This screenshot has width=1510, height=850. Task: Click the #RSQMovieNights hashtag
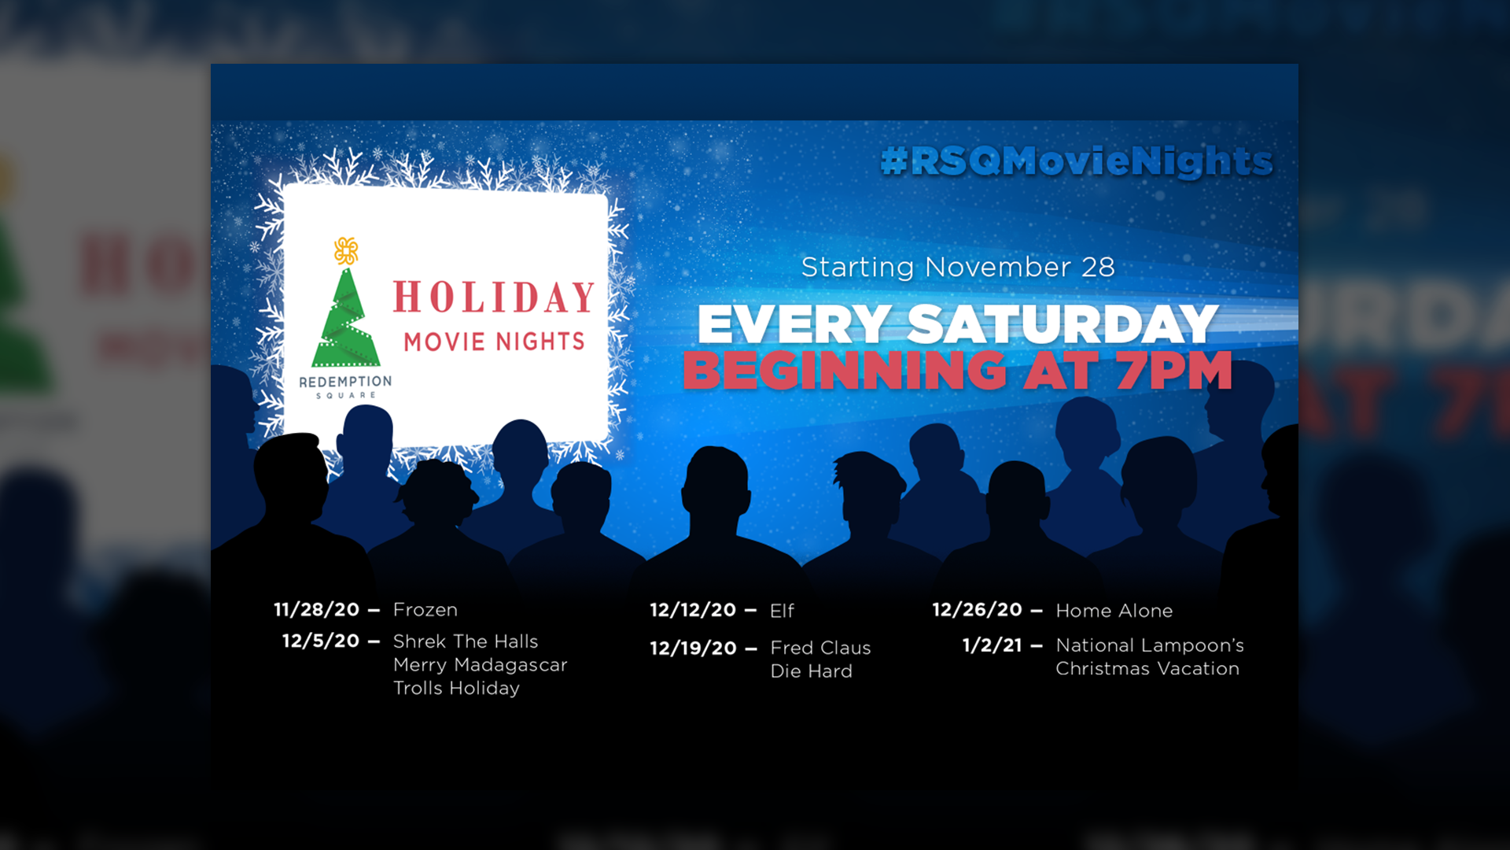coord(1077,161)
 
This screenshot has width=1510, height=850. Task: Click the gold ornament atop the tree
coord(346,250)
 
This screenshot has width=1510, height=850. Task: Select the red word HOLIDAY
coord(494,297)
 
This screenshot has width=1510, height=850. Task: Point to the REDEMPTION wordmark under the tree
coord(345,382)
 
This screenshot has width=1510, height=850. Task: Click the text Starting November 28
coord(958,268)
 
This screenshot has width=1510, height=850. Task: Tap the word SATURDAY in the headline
coord(1063,324)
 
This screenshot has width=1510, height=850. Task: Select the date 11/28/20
coord(316,610)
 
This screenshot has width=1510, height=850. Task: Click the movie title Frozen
coord(425,610)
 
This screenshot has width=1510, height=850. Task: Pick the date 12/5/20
coord(321,641)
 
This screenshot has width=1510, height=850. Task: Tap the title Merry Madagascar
coord(481,665)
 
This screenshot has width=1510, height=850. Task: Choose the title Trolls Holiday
coord(457,688)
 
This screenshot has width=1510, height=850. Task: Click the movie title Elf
coord(783,611)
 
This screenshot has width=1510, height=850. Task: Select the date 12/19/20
coord(693,649)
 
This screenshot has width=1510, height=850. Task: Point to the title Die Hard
coord(812,671)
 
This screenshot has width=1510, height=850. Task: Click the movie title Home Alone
coord(1114,611)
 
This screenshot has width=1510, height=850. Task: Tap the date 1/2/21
coord(993,645)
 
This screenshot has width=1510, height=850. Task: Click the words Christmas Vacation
coord(1147,669)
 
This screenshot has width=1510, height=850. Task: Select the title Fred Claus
coord(821,648)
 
